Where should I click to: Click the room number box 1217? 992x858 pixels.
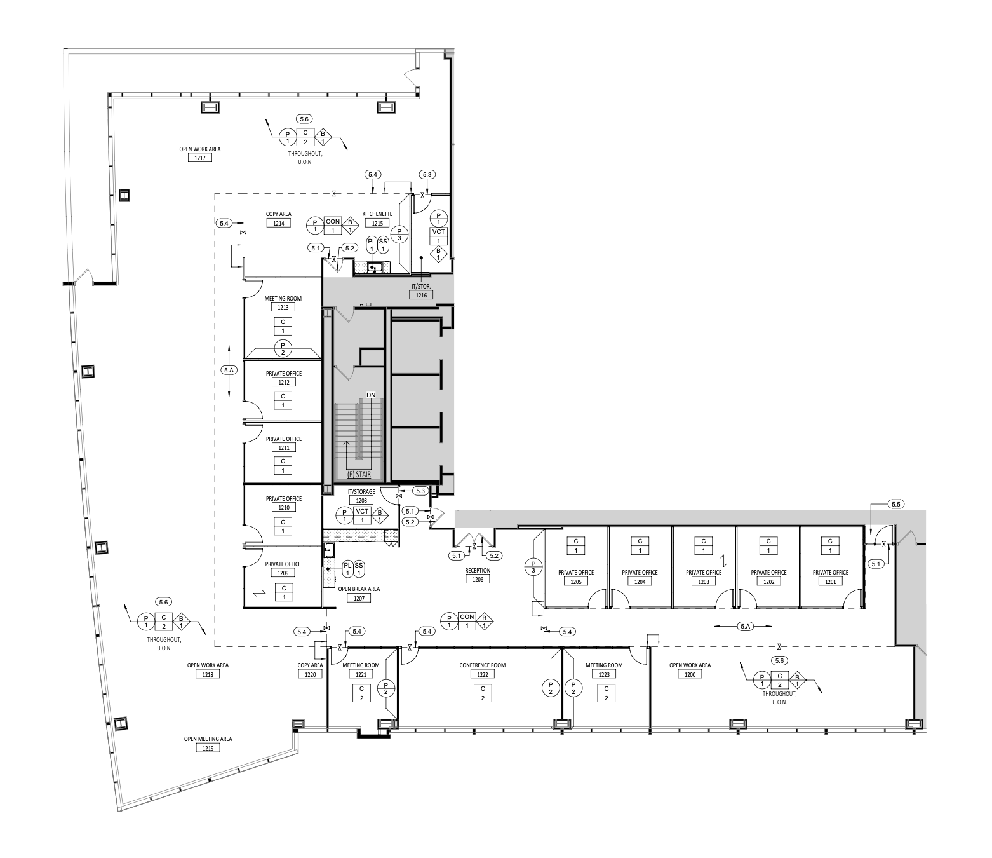point(200,158)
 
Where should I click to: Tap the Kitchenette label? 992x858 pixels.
point(377,214)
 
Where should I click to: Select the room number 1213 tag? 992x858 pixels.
point(283,307)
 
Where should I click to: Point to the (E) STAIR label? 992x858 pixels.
point(359,475)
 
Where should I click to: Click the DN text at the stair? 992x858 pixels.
point(371,395)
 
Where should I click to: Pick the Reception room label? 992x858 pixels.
point(478,571)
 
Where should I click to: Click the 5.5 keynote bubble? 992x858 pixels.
point(896,505)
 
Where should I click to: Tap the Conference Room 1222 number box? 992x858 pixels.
point(482,674)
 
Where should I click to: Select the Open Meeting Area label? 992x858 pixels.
point(208,739)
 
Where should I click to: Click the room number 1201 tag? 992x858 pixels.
point(830,582)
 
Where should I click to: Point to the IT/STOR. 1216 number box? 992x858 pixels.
point(421,295)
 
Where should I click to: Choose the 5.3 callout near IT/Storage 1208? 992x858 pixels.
point(420,491)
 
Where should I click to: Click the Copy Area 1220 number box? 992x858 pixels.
point(310,674)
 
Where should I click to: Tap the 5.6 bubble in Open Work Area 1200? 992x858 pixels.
point(779,661)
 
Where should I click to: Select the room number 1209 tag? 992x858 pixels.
point(283,573)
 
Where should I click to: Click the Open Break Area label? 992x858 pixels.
point(359,589)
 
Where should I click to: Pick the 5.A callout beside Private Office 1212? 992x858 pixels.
point(229,370)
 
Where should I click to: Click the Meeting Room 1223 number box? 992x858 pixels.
point(604,674)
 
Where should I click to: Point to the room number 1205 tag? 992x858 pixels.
point(576,582)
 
